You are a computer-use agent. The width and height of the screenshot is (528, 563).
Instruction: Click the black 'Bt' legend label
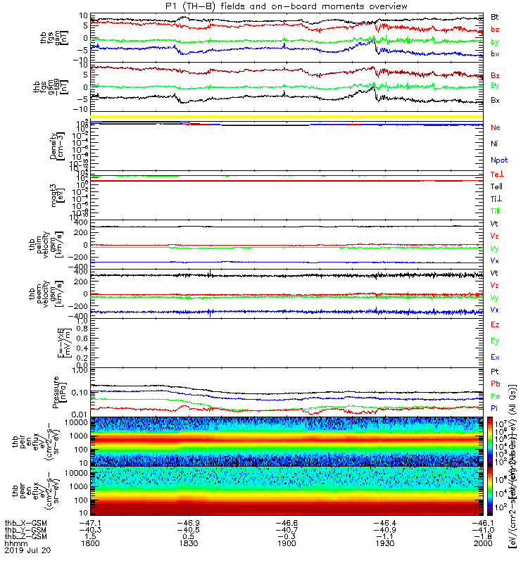[495, 16]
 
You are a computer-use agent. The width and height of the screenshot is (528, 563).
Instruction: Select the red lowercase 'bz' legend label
[495, 30]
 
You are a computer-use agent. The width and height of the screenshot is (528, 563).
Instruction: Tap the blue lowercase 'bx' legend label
[495, 55]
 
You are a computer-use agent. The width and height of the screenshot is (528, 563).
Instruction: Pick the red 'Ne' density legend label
[495, 127]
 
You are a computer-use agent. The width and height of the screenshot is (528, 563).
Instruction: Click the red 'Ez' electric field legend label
[495, 325]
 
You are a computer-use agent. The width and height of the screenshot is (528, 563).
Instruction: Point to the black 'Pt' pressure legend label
[495, 371]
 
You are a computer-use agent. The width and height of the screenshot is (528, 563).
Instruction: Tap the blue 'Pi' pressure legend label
[495, 408]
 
